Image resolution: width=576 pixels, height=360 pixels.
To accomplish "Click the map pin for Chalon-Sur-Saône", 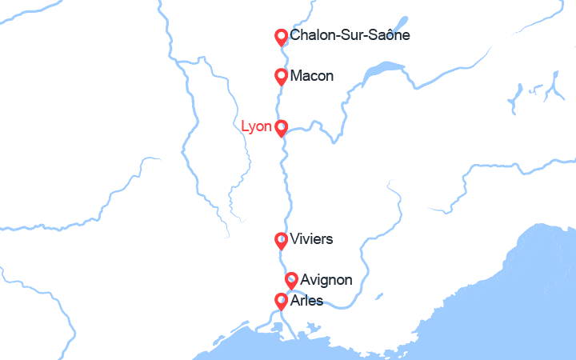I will [x=281, y=37].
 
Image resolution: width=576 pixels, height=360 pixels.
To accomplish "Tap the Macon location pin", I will [x=281, y=76].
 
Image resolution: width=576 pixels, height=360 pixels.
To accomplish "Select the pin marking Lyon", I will [x=281, y=127].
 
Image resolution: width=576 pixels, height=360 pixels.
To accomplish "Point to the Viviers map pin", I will [x=281, y=240].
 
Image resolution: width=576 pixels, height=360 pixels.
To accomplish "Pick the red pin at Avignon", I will [x=292, y=280].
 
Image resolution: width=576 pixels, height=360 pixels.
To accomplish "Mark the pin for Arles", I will [x=281, y=301].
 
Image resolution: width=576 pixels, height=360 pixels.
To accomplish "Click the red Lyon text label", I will [x=256, y=126].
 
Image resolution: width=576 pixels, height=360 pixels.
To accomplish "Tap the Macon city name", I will [x=312, y=76].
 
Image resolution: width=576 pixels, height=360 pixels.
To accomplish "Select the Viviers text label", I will [x=312, y=239].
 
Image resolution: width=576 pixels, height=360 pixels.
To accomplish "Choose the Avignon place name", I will [x=326, y=280].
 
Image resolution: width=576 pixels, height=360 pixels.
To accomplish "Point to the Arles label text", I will [x=307, y=301].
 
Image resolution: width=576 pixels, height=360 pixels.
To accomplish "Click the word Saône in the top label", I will [x=389, y=37].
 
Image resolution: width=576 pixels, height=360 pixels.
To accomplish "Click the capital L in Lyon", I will [x=245, y=126].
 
